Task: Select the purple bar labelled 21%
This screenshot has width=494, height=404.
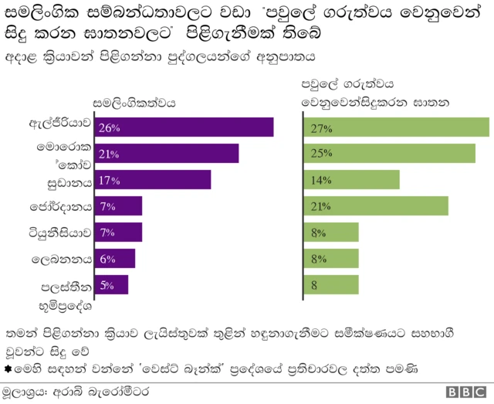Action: click(x=166, y=153)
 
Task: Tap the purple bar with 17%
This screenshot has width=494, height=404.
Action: click(x=152, y=179)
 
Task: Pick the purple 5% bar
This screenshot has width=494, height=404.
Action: click(x=111, y=284)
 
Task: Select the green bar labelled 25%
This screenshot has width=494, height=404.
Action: click(x=389, y=153)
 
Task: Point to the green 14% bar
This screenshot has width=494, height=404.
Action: click(x=351, y=179)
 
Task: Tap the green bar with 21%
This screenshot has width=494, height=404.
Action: click(x=375, y=205)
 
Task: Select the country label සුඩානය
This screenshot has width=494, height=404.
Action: click(x=66, y=182)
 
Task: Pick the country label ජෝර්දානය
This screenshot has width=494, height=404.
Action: click(x=61, y=207)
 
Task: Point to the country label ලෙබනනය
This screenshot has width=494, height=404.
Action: click(x=63, y=259)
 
